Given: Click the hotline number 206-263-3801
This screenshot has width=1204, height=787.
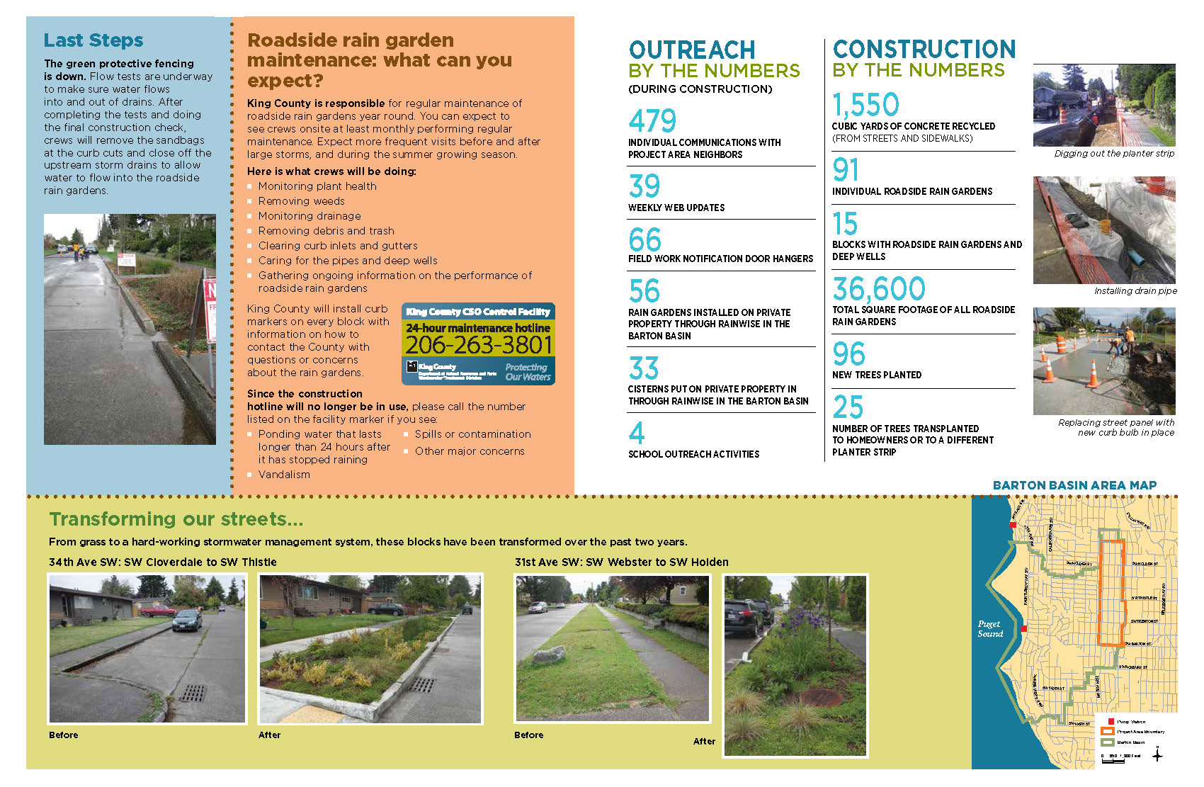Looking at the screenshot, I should pos(478,345).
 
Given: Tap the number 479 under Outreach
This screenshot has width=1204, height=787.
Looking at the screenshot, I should pos(652,121).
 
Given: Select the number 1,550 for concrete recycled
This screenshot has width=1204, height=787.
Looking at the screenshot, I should pos(865,106).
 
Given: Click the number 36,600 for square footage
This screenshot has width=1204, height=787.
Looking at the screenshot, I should pos(878,289).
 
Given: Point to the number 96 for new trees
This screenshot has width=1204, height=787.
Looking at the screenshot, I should pos(848,354).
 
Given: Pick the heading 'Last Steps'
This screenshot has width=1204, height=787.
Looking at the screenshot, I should pos(93,40).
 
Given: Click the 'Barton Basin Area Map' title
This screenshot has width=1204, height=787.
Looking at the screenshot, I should pos(1074,485).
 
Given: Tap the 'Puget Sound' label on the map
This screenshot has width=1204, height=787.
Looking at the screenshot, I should pos(989,629).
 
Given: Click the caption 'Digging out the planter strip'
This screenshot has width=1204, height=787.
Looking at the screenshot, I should pos(1113,154).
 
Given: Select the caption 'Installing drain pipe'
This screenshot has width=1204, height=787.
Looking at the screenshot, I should pos(1135,291).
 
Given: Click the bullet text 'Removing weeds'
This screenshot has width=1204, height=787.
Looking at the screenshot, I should pos(301,201).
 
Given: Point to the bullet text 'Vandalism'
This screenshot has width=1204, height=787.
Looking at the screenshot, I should pos(284,475).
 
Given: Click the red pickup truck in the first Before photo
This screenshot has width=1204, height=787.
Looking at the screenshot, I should pos(158,610).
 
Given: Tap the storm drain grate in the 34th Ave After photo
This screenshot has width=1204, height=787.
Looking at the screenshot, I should pos(423,685).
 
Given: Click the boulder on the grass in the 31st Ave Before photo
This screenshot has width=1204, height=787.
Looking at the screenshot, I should pos(548,655).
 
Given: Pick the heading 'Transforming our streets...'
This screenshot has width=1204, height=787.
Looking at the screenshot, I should pos(176,519).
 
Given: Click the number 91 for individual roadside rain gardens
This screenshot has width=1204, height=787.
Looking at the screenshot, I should pos(846,170).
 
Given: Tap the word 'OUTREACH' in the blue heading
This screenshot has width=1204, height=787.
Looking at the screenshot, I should pos(691,50).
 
